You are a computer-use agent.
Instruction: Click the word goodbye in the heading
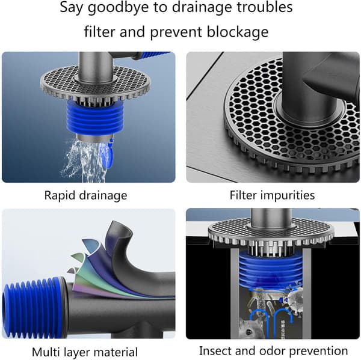point(119,8)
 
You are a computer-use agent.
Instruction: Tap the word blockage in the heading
point(238,32)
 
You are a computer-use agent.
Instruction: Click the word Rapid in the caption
point(60,196)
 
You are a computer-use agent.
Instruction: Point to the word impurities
point(288,195)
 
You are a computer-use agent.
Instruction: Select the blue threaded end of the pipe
point(33,308)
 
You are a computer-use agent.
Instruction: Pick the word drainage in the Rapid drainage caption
point(103,196)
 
